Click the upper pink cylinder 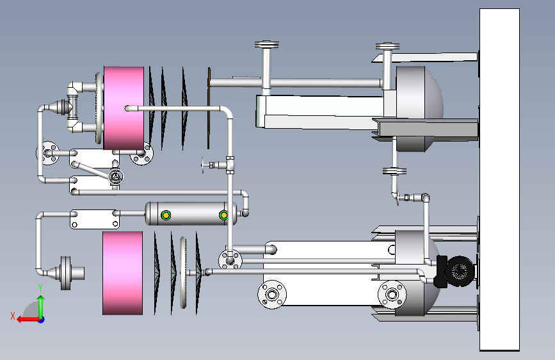point(124,108)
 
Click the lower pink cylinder point(122,273)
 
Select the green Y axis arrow point(41,306)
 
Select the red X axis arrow point(28,320)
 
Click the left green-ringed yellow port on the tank point(166,215)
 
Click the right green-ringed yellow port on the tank point(223,215)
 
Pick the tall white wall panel point(499,179)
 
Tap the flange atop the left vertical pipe point(266,45)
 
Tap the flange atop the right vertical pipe point(387,46)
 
